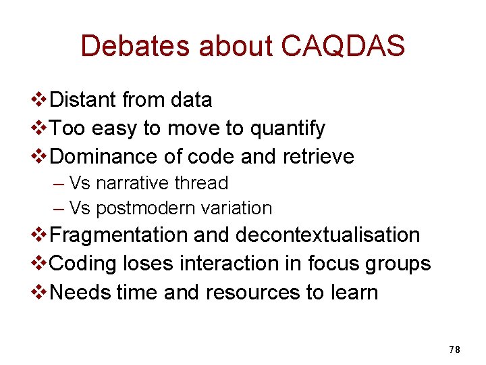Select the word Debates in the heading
click(135, 46)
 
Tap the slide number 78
click(454, 349)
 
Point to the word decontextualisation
click(327, 235)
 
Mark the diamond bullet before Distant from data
click(40, 100)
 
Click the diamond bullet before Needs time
click(40, 292)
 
